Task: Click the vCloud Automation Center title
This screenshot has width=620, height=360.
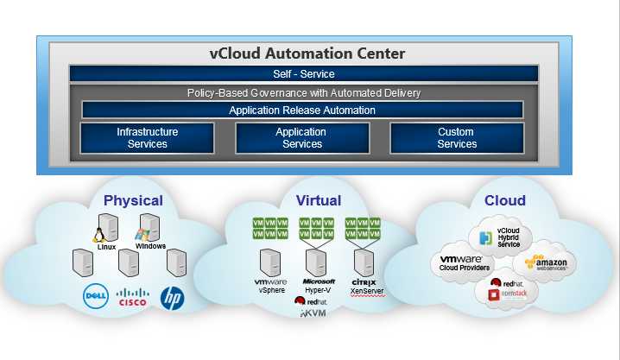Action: pyautogui.click(x=307, y=54)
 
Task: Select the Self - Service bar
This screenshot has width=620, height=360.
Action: pyautogui.click(x=303, y=74)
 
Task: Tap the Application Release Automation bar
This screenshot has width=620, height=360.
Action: pyautogui.click(x=302, y=111)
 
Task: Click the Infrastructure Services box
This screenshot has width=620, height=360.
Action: pyautogui.click(x=147, y=138)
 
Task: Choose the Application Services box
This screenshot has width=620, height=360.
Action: pyautogui.click(x=301, y=138)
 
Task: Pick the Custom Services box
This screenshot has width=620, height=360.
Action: pyautogui.click(x=456, y=138)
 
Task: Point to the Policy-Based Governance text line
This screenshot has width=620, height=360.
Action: pyautogui.click(x=303, y=92)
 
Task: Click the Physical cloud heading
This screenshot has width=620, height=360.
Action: pyautogui.click(x=133, y=200)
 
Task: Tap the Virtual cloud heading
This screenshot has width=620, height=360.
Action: pyautogui.click(x=319, y=200)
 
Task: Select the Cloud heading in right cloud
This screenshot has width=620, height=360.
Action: pyautogui.click(x=504, y=200)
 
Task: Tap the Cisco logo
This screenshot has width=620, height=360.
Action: pyautogui.click(x=132, y=297)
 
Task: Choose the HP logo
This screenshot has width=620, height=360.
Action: pyautogui.click(x=173, y=298)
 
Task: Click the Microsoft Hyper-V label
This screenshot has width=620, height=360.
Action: pyautogui.click(x=319, y=286)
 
